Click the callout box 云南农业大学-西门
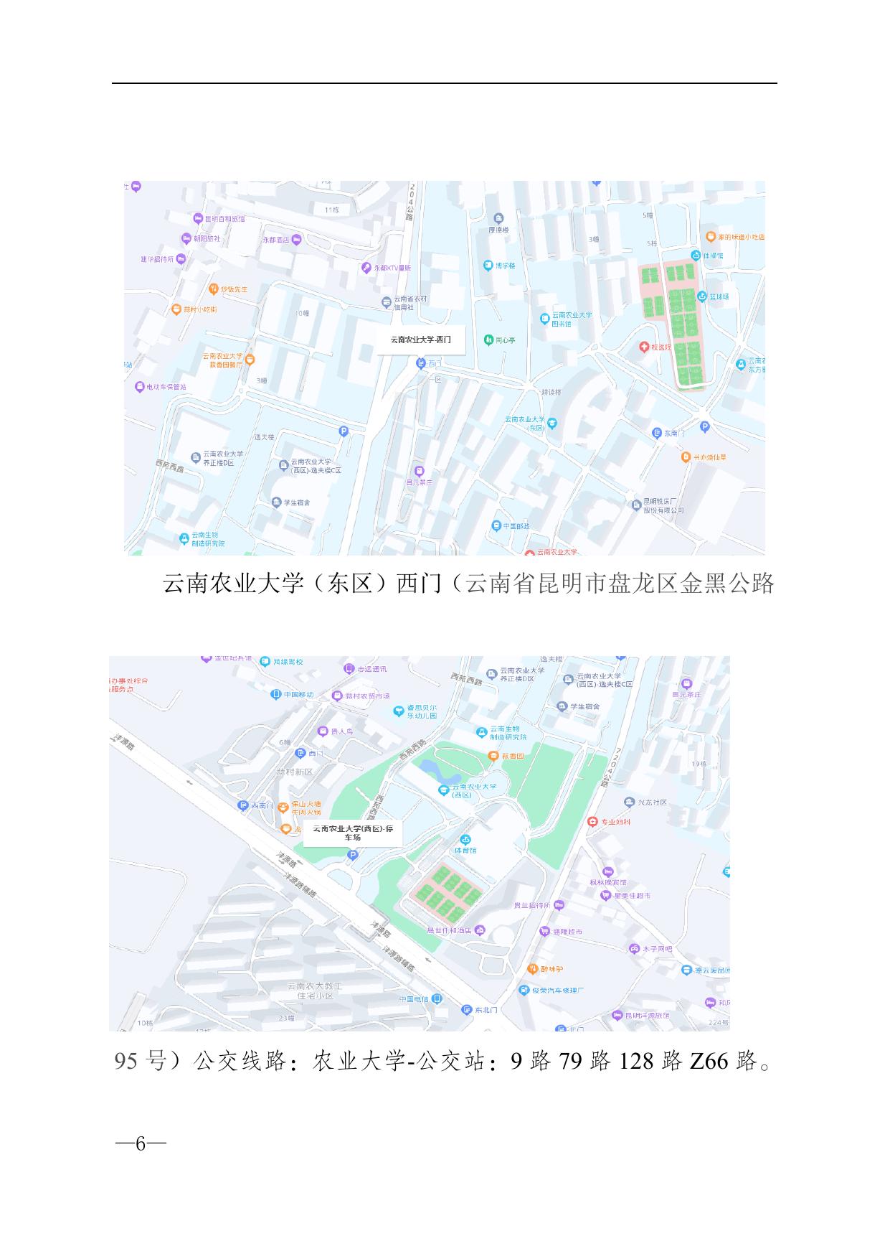[x=421, y=340]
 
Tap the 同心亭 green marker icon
[x=488, y=340]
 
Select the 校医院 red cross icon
[x=645, y=347]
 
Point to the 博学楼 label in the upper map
[x=505, y=266]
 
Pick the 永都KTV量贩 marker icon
[x=366, y=268]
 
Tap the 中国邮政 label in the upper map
[x=516, y=526]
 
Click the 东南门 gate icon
[x=656, y=433]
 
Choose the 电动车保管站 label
[x=166, y=387]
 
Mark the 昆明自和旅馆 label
[x=225, y=218]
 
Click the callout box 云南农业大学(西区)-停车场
[x=352, y=833]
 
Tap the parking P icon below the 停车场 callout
[x=352, y=854]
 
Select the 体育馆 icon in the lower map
[x=465, y=840]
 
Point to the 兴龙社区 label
[x=653, y=802]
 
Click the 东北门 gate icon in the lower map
[x=468, y=1010]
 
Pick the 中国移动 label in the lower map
[x=298, y=695]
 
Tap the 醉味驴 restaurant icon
[x=532, y=968]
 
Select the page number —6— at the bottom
[x=141, y=1143]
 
